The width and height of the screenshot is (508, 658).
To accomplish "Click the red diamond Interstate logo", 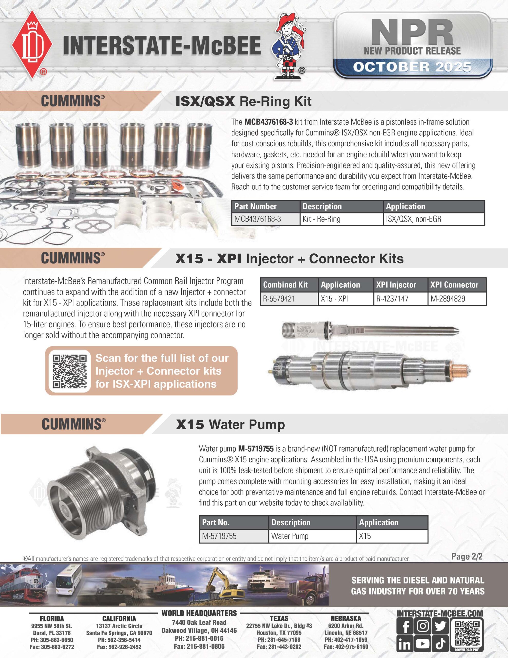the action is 32,45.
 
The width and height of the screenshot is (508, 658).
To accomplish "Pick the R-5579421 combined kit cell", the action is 289,299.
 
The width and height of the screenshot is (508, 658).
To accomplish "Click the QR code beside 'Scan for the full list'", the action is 70,371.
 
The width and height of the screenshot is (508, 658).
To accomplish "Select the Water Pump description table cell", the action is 312,536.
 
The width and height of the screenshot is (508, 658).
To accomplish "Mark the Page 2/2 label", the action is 466,556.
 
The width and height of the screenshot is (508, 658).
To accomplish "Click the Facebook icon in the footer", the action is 405,626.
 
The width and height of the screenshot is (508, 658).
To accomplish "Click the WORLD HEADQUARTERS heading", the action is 199,613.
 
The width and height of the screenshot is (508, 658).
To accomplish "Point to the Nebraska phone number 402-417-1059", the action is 346,639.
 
